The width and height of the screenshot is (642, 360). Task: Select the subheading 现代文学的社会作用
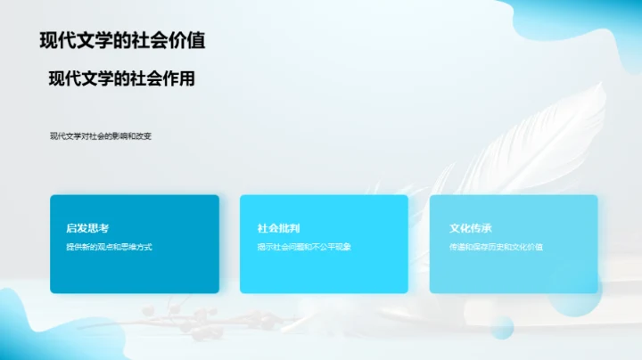(121, 78)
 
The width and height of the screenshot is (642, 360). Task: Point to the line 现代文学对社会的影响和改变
(101, 136)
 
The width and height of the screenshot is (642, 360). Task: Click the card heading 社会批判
(272, 228)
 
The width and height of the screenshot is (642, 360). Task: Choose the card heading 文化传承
(465, 228)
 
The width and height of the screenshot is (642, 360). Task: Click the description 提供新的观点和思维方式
(109, 247)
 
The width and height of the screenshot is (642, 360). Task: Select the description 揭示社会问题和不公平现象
(304, 247)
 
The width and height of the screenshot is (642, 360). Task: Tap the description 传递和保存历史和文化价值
(496, 247)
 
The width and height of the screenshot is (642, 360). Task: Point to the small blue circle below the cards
(502, 326)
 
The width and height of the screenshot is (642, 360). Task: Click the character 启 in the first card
(70, 228)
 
